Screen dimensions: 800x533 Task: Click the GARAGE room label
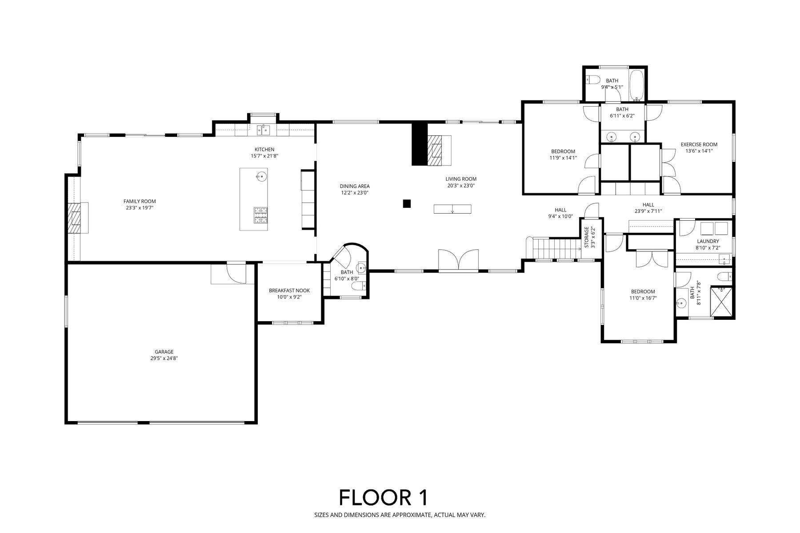click(x=164, y=352)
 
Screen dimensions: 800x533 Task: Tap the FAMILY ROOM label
click(x=140, y=201)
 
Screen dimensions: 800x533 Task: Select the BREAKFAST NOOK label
click(x=289, y=290)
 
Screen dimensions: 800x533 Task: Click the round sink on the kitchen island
click(x=261, y=177)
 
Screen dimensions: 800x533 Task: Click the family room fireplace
click(x=78, y=218)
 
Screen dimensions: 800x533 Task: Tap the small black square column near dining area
click(x=406, y=203)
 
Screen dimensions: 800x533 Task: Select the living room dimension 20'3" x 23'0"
click(x=461, y=186)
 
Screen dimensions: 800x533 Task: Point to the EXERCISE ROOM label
click(x=699, y=144)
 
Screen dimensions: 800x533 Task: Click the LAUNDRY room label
click(x=708, y=241)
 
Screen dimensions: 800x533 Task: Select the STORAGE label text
click(x=586, y=237)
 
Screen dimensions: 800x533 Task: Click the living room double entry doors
click(x=459, y=259)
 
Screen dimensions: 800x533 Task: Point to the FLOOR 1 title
click(x=384, y=497)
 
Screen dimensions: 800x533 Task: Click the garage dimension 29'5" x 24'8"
click(x=164, y=358)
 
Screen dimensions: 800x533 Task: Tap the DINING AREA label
click(x=355, y=186)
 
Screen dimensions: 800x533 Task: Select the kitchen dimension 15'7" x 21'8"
click(x=264, y=156)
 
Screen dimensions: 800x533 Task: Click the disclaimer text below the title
click(x=400, y=515)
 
